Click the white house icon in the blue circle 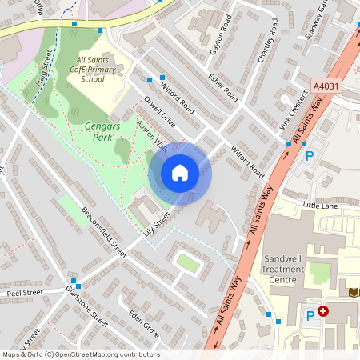180,172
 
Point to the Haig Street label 44,64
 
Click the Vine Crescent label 293,110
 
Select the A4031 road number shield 326,86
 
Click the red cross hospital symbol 323,311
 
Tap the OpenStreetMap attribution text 80,354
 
